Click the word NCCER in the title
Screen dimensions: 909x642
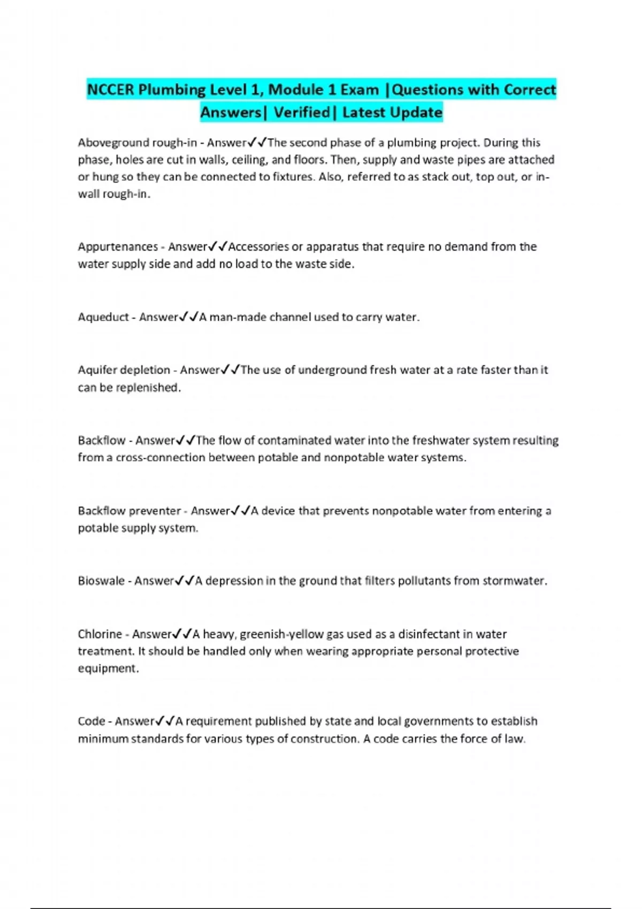point(110,89)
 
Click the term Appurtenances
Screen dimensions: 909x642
point(118,246)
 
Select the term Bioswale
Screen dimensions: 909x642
point(101,581)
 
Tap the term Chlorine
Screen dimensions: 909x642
point(100,634)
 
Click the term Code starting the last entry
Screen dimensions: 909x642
point(91,721)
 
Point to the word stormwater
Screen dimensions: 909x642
point(514,581)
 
